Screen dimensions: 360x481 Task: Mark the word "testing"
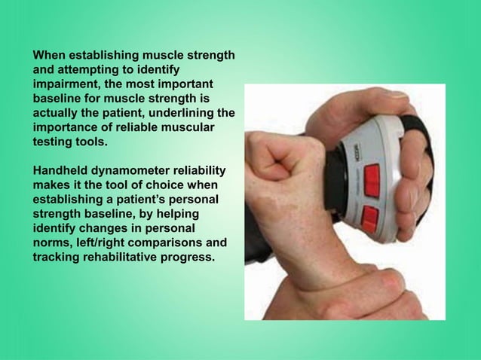pos(53,141)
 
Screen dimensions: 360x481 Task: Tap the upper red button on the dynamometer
pos(371,178)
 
